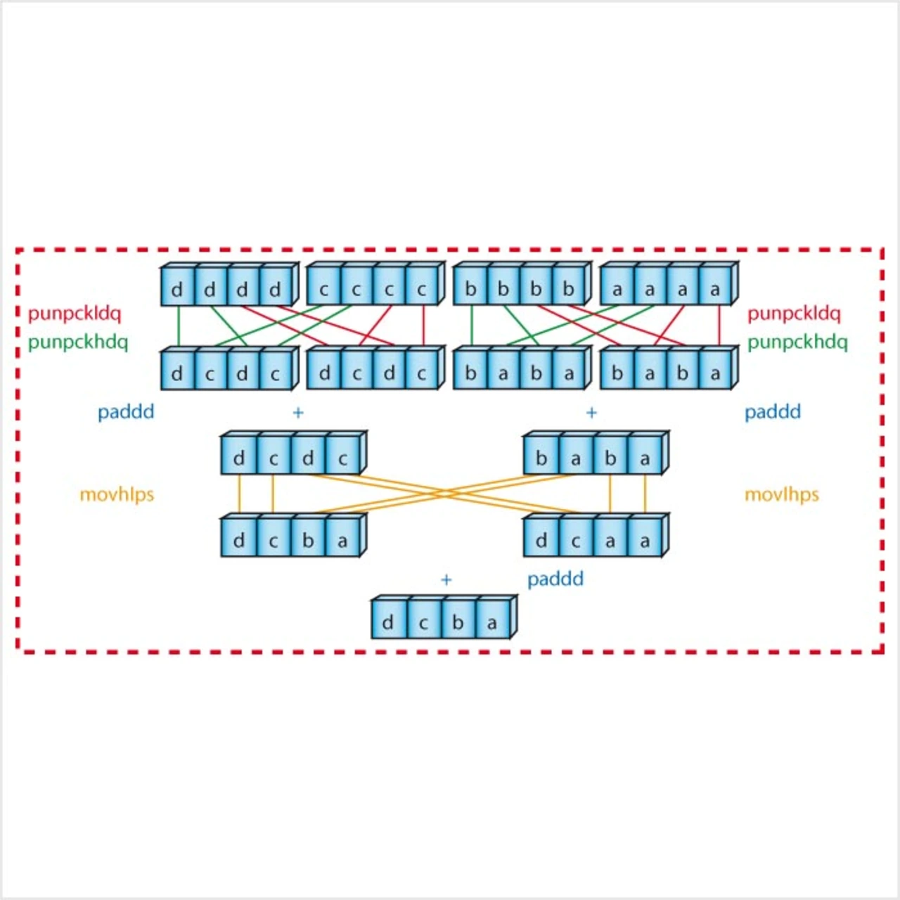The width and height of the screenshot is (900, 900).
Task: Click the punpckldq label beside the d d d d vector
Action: (75, 313)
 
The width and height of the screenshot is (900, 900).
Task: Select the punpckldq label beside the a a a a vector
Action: (794, 313)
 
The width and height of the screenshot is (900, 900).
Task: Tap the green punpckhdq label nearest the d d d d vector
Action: (78, 342)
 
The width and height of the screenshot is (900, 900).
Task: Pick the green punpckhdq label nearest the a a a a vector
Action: (797, 342)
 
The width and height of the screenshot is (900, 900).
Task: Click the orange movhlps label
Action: (117, 494)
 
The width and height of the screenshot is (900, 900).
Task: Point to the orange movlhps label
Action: (782, 494)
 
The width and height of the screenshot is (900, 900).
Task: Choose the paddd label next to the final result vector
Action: (555, 579)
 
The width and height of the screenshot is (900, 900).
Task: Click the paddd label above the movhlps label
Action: (126, 411)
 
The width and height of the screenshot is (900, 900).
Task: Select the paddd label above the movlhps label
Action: (773, 411)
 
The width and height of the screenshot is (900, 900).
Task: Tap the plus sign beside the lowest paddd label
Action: (446, 580)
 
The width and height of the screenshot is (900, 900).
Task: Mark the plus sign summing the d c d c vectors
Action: (298, 413)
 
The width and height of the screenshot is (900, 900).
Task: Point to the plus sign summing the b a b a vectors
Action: (591, 413)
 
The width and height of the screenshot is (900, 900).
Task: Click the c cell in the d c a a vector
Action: (575, 541)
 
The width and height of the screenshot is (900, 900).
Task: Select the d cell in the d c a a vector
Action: (541, 541)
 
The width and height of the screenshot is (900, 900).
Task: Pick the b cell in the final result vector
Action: (458, 622)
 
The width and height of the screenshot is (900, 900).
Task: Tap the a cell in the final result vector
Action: (492, 622)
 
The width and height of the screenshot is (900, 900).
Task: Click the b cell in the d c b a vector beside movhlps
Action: (308, 541)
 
